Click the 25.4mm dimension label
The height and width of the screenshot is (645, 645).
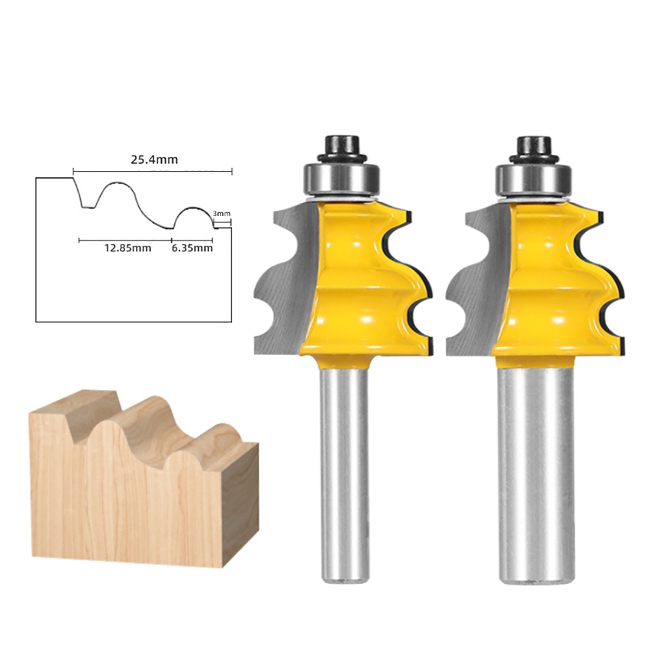pos(154,159)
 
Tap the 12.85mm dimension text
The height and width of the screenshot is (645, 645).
pos(128,248)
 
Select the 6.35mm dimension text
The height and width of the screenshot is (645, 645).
pos(192,248)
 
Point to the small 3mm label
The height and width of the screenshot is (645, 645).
pos(221,213)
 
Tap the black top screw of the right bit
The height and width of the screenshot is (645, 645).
pos(533,148)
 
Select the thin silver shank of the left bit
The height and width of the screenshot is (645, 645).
pos(344,473)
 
